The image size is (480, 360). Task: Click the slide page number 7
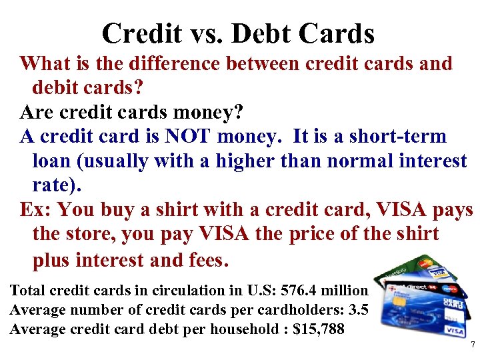(x=472, y=345)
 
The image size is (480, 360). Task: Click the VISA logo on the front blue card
(x=455, y=331)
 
